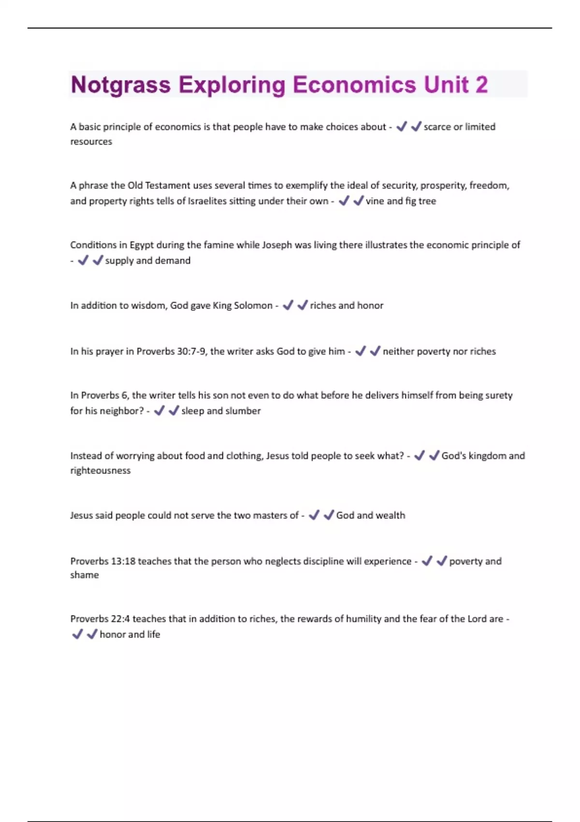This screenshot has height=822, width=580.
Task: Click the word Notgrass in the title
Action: tap(121, 85)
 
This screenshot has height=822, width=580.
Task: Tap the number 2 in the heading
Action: tap(481, 85)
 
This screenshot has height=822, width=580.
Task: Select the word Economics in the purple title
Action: tap(354, 85)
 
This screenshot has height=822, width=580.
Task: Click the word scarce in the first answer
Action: tap(437, 127)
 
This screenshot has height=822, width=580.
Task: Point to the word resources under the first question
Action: tap(91, 142)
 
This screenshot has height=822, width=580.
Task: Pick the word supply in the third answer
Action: tap(119, 261)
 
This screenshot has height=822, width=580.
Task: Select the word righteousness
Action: tap(100, 470)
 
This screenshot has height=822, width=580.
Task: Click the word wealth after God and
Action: tap(390, 515)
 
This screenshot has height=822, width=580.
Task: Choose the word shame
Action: tap(84, 575)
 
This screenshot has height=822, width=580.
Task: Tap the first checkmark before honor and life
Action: tap(77, 634)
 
